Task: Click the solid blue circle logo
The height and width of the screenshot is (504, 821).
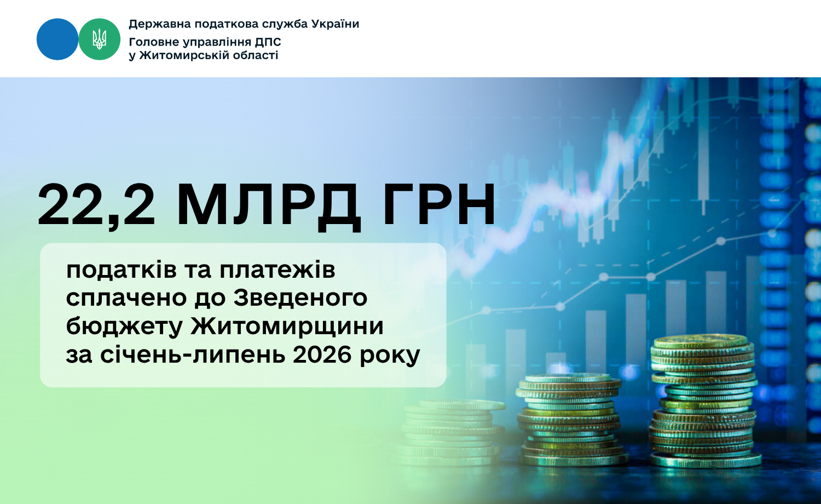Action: pos(57,39)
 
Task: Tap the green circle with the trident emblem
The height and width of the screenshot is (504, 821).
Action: pos(99,39)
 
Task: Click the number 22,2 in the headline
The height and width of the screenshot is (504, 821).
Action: pos(96,206)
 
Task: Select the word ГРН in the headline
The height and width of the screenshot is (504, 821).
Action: pos(440,204)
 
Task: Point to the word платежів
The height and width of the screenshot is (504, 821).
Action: pos(277,270)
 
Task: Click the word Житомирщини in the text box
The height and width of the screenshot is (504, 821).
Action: pos(287,326)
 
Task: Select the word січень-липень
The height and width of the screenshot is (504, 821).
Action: pos(193,354)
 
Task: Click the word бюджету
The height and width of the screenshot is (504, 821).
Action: pos(124,327)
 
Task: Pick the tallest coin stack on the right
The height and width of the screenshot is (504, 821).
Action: pos(704,401)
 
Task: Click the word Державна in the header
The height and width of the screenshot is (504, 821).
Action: pos(160,25)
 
